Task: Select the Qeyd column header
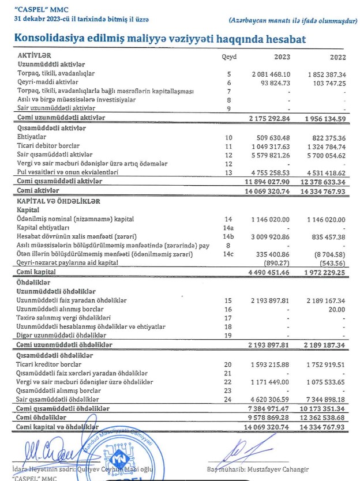[x=229, y=57]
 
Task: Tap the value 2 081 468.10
[x=274, y=75]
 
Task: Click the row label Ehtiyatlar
[x=33, y=137]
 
